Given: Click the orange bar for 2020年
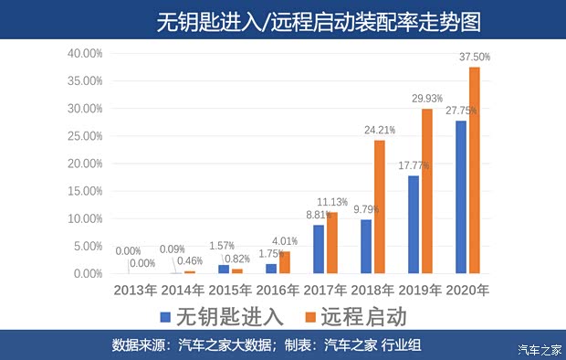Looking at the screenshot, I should click(475, 170).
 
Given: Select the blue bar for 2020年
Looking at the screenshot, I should click(462, 196).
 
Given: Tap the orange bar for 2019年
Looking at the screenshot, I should click(426, 191).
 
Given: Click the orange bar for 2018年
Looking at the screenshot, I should click(379, 206).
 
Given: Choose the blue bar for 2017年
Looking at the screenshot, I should click(319, 249).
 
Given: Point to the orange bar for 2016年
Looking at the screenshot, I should click(284, 262).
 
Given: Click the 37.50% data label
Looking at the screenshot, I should click(475, 57).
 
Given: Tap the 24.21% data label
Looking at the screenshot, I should click(380, 130).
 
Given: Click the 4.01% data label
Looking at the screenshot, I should click(284, 241).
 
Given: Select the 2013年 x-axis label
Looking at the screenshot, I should click(135, 291).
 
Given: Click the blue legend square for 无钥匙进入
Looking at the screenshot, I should click(164, 317).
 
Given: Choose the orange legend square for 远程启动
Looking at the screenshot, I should click(310, 317).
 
